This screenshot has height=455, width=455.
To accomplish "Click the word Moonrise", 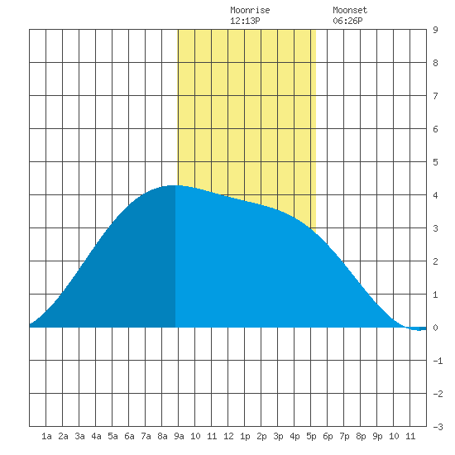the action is pos(250,10).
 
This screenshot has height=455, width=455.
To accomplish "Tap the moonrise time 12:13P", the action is pos(245,21).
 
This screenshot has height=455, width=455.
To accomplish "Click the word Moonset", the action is pos(350,10).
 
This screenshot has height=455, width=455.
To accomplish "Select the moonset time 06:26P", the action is pos(347,21).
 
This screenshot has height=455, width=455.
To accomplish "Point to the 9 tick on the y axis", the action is pos(435,30).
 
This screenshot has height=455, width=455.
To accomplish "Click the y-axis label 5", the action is pos(435,162).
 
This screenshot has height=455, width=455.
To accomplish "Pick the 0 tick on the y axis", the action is pos(435,328).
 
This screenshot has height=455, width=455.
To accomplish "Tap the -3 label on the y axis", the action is pos(438,427).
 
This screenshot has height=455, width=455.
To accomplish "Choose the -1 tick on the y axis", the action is pos(438,361).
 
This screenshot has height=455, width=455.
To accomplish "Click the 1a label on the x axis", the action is pos(46,436).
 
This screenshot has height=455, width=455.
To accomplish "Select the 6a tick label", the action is pos(129,436).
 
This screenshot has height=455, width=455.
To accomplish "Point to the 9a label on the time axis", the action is pos(179,436).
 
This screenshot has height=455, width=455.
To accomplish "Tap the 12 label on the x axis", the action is pos(228,436).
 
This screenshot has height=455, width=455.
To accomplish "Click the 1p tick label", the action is pos(245,436).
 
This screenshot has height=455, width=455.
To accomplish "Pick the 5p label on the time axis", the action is pos(311,436).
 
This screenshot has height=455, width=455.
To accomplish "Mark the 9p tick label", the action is pos(377,436).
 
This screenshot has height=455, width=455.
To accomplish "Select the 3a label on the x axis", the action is pos(79,436).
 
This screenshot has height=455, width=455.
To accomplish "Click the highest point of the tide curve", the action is pos(174,185).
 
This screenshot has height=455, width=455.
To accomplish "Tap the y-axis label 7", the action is pos(435,96).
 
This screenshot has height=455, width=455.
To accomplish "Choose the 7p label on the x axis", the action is pos(344,436).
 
